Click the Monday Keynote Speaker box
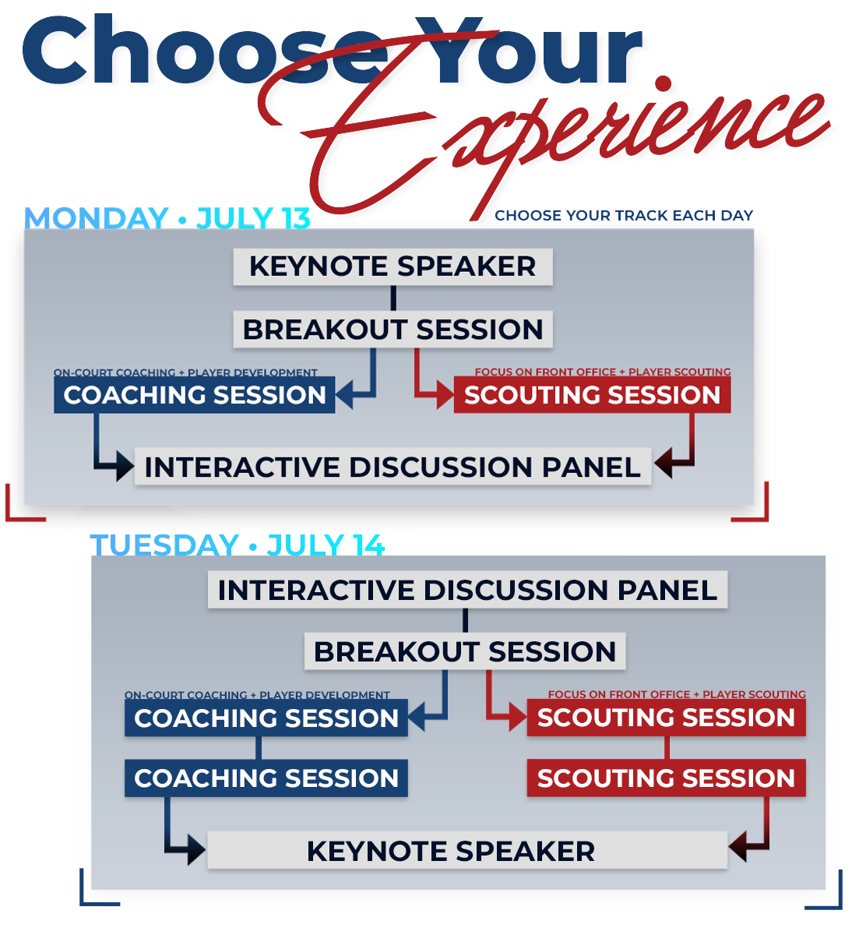pos(393,266)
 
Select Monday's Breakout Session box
pos(393,329)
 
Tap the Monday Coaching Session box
pos(195,395)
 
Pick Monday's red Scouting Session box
pos(592,395)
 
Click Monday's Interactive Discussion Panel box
pos(393,467)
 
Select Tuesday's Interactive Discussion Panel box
pos(467,590)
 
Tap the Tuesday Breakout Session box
pos(465,651)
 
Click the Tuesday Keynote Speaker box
pos(467,852)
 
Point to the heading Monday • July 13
pos(167,217)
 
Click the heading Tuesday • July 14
pos(238,545)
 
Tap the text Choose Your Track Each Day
pos(624,215)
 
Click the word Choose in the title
pos(205,51)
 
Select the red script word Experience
pos(540,139)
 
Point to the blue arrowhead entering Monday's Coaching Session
pos(344,395)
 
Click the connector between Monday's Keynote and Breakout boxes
pos(393,298)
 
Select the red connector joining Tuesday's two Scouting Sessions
pos(667,749)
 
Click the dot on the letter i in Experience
pos(663,84)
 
